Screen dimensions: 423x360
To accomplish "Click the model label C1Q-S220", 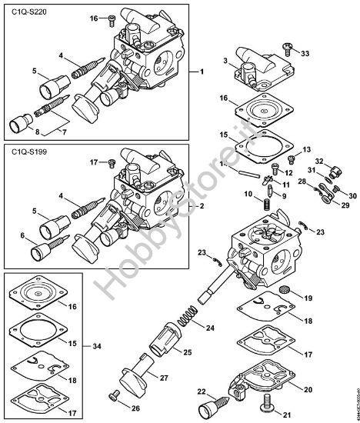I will pos(27,13).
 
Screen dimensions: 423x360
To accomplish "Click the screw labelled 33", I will pos(288,48).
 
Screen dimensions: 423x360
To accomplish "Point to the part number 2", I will pos(201,206).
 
